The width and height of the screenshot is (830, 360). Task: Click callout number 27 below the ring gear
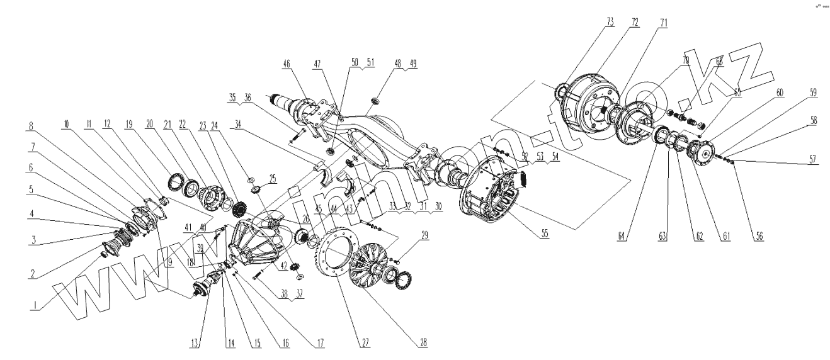(x=365, y=343)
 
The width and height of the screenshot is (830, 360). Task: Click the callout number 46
(x=287, y=64)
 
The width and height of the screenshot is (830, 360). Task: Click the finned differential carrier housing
(x=252, y=245)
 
